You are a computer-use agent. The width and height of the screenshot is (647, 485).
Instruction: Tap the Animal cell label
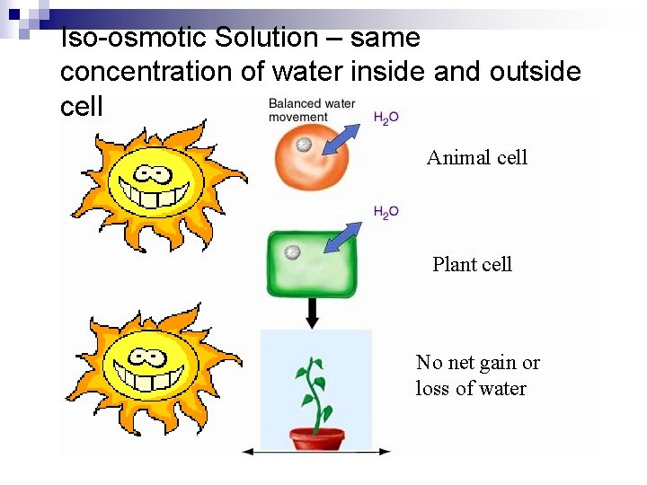pos(477,158)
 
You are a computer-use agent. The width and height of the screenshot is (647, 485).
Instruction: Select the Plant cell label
pos(472,264)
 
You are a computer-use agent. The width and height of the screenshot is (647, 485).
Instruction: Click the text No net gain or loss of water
pos(477,375)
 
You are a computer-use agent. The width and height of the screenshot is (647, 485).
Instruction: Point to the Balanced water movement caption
pos(311,110)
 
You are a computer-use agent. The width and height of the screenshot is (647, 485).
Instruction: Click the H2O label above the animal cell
pos(386,118)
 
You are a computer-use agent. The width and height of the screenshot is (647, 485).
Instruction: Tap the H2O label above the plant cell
pos(386,212)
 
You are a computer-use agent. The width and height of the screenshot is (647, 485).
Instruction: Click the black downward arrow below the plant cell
pos(313,312)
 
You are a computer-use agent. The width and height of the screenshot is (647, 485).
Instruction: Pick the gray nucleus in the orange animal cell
pos(305,145)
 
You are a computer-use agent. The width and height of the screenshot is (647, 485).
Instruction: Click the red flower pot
pos(316,438)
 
